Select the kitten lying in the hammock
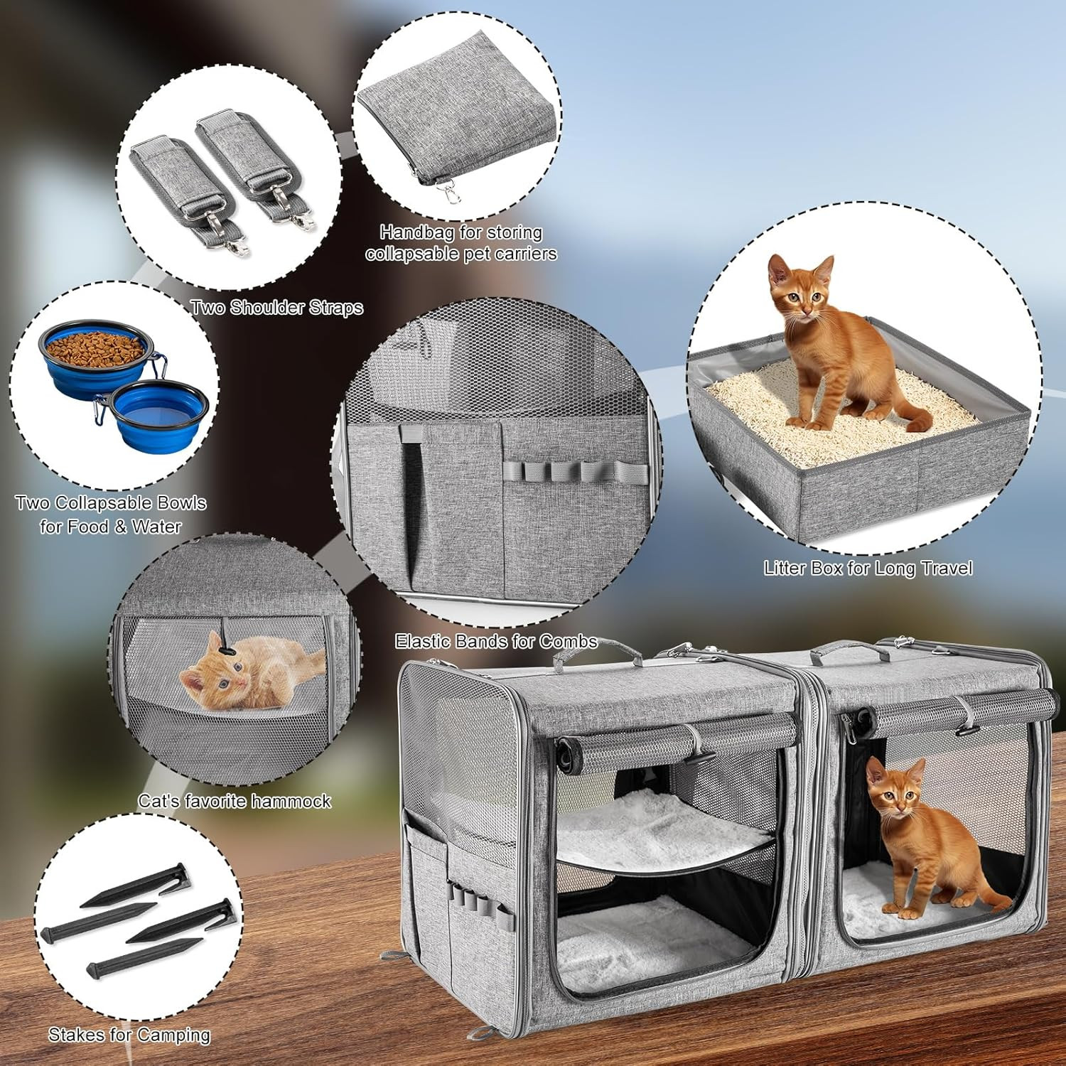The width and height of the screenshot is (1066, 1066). (x=252, y=672)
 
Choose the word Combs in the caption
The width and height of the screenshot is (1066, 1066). (x=568, y=642)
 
